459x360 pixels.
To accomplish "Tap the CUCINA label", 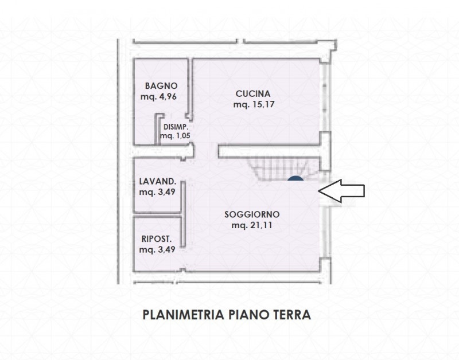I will pyautogui.click(x=252, y=93).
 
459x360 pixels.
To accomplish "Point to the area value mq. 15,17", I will pyautogui.click(x=252, y=105).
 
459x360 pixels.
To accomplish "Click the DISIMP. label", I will pyautogui.click(x=176, y=127).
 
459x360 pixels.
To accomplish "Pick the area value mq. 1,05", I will pyautogui.click(x=175, y=136).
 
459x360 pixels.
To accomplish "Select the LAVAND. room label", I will pyautogui.click(x=157, y=181).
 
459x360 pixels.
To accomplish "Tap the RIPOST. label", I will pyautogui.click(x=157, y=238).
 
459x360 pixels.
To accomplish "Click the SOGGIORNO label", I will pyautogui.click(x=252, y=214).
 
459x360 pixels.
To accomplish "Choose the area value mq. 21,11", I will pyautogui.click(x=252, y=226).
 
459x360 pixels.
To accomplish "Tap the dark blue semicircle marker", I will pyautogui.click(x=295, y=181).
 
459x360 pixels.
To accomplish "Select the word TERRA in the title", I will pyautogui.click(x=290, y=315).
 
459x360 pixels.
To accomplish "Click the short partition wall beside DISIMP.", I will pyautogui.click(x=157, y=130).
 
